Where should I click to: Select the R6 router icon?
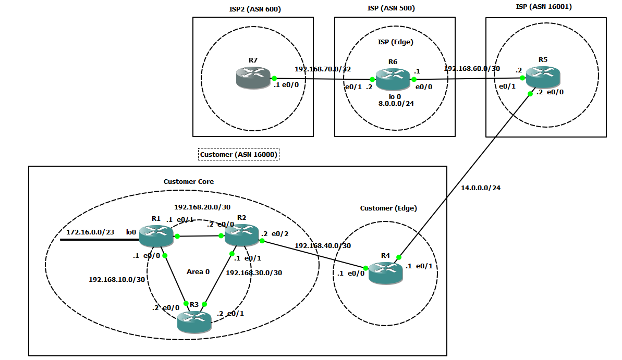pos(393,79)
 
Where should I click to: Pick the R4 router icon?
pos(385,272)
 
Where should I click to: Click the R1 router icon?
pos(156,235)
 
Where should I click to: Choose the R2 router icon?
pos(241,234)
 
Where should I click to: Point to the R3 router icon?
pos(194,321)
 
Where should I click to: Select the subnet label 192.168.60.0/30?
pos(472,69)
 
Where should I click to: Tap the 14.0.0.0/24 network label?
pos(481,188)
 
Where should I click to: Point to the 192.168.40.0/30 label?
pos(323,245)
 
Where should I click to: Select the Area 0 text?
pos(198,271)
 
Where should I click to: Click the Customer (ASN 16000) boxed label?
pos(239,155)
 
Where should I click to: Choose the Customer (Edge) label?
pos(388,208)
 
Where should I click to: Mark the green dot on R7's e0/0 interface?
pos(274,78)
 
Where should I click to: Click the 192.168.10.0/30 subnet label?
pos(117,280)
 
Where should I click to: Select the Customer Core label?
pos(188,182)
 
